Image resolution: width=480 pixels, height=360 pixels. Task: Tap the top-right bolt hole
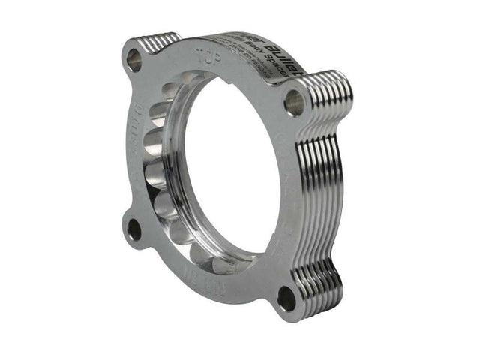point(294,102)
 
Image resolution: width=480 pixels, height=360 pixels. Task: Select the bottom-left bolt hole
point(133,228)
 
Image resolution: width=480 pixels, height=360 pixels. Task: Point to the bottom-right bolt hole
point(286,298)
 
